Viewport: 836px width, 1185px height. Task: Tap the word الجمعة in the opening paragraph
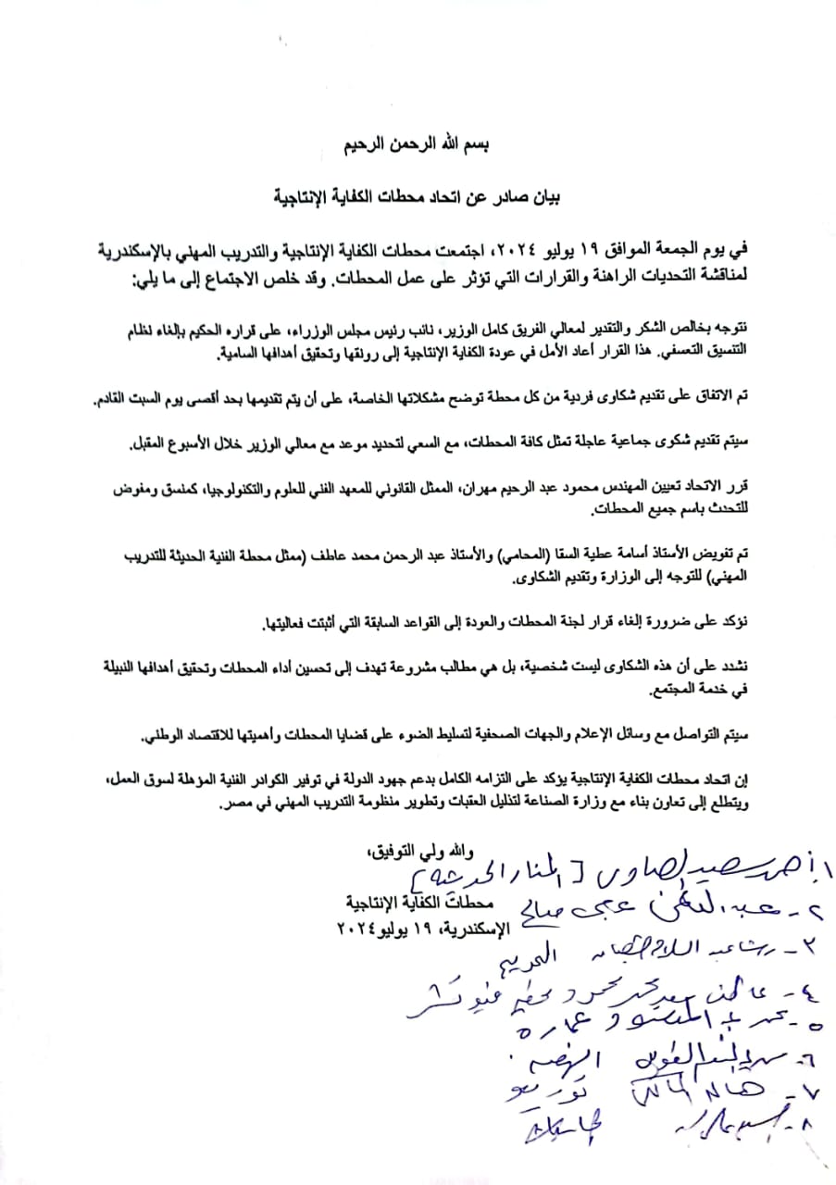692,250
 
